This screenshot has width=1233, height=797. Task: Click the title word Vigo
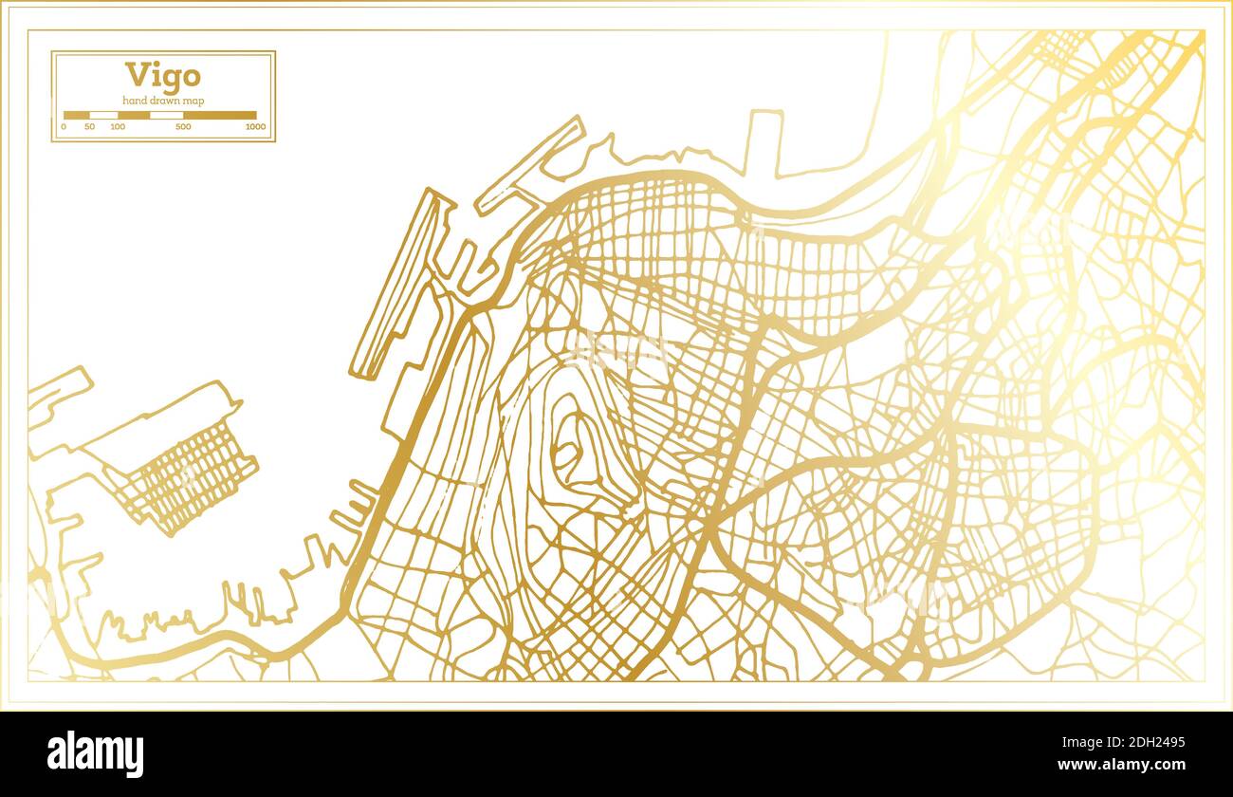162,76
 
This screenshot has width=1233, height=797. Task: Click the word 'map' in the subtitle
193,101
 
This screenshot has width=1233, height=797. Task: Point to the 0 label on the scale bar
64,126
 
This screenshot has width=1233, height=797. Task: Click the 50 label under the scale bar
89,126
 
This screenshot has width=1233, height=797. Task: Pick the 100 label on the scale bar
118,126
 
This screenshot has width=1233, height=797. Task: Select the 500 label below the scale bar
183,126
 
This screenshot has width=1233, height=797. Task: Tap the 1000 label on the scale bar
254,126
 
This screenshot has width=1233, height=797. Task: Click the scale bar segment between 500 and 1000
219,115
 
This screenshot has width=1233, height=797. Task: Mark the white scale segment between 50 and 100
103,115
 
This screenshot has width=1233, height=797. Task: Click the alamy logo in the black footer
95,754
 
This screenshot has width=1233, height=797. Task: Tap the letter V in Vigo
137,76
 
